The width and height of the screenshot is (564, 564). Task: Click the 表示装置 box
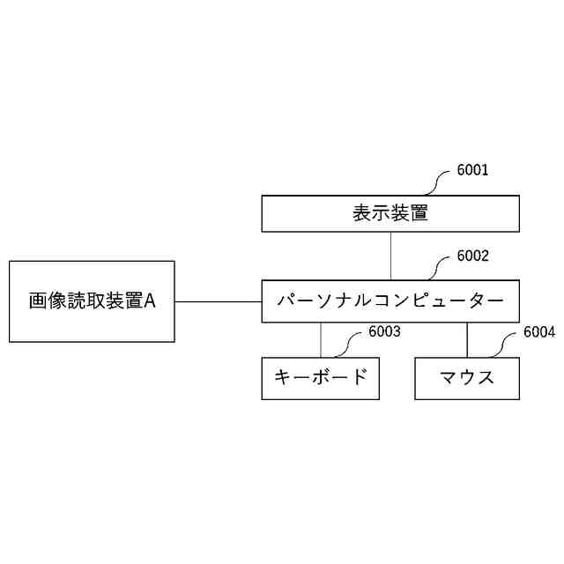coord(390,213)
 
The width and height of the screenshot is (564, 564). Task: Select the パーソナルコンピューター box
coord(390,301)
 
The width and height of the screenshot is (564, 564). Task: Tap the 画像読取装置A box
coord(92,301)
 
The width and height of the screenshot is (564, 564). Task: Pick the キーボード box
coord(321,378)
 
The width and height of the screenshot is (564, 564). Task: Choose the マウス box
coord(467,378)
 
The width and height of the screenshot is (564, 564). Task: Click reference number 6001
coord(472,170)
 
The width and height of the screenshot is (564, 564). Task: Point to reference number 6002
coord(472,256)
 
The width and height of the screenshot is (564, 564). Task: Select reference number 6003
coord(385,332)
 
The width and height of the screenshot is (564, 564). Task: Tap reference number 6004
coord(539,332)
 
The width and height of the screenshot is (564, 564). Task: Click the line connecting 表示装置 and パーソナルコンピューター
coord(390,256)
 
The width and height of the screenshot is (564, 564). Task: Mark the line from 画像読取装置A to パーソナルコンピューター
coord(218,301)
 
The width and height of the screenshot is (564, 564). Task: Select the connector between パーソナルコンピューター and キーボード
coord(321,340)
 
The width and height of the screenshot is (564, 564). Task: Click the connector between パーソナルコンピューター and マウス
coord(467,340)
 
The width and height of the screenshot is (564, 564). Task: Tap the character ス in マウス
coord(485,378)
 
